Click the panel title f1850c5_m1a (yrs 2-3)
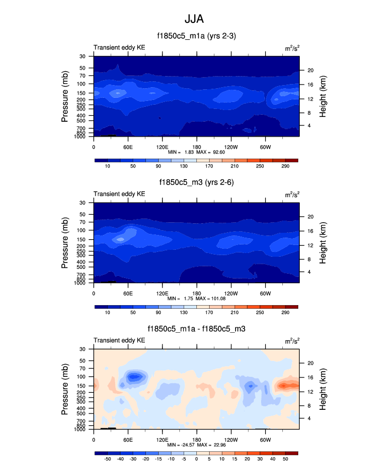(x=196, y=36)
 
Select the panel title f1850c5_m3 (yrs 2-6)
(x=196, y=182)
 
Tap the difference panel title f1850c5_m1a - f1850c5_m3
(x=196, y=329)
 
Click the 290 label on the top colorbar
(x=285, y=166)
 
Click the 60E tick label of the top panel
(x=128, y=146)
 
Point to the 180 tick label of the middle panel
(x=196, y=293)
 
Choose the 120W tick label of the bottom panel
(x=231, y=440)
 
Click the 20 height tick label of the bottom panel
(x=310, y=363)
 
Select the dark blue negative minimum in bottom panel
(x=135, y=377)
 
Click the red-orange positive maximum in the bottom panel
(x=287, y=385)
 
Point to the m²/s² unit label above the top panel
(x=291, y=48)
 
